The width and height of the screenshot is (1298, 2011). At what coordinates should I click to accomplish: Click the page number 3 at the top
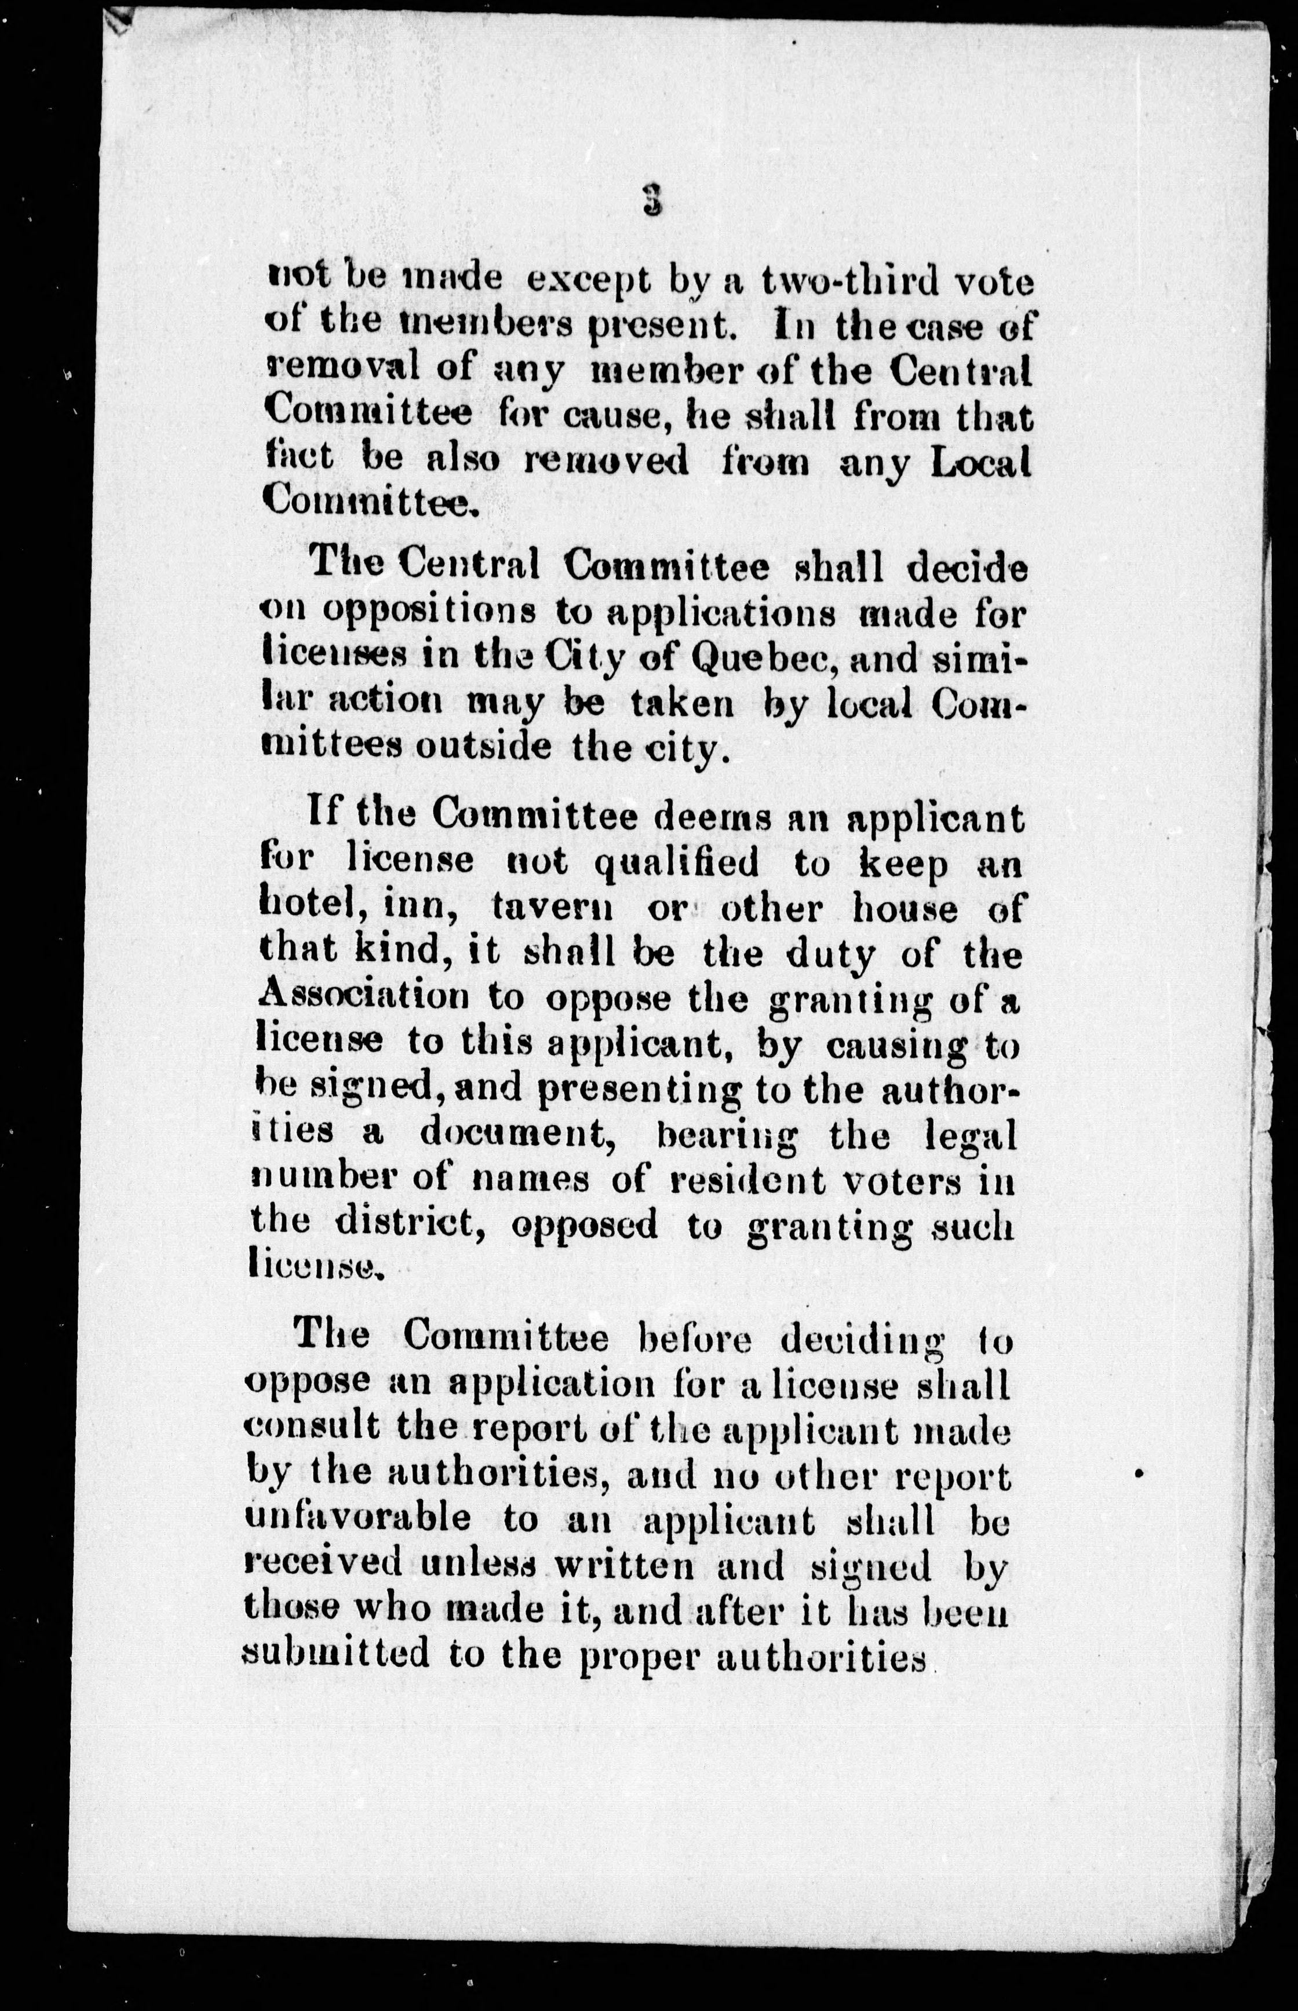[651, 200]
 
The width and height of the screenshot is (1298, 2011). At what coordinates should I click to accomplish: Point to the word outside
[483, 747]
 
